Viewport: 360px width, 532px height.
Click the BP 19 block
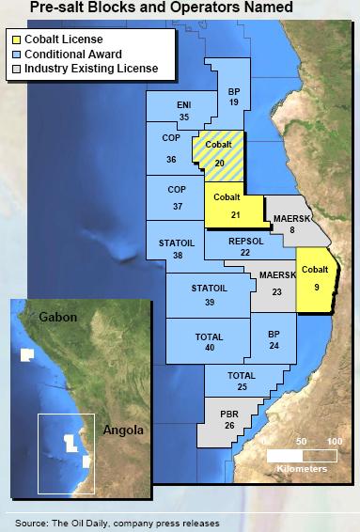[x=233, y=97]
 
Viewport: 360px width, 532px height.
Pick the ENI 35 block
[x=184, y=110]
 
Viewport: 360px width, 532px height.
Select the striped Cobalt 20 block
[x=219, y=153]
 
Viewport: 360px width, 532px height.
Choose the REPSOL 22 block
[x=244, y=246]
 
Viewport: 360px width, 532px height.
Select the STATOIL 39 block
[x=209, y=294]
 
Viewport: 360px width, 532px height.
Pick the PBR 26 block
[x=229, y=419]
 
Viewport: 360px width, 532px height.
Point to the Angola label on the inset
[x=123, y=430]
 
